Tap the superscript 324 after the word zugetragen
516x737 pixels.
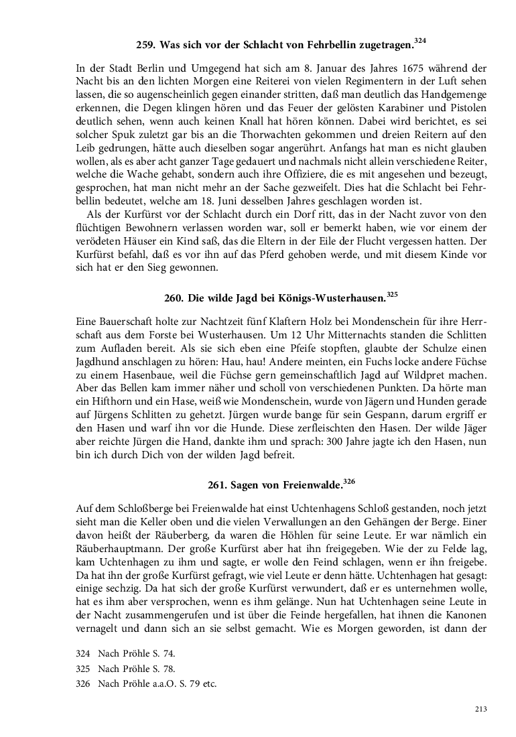(x=420, y=42)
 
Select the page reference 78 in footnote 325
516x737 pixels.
(x=170, y=669)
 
